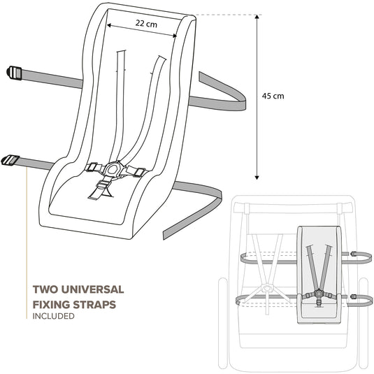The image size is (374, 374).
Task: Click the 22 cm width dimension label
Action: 146,24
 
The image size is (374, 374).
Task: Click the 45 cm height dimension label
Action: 273,96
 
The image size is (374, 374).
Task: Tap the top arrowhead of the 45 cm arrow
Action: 257,17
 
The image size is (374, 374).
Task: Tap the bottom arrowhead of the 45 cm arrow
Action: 257,178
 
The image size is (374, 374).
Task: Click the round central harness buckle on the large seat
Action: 111,168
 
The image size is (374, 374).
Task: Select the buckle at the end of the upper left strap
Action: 14,73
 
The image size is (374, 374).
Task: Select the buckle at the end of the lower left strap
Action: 10,160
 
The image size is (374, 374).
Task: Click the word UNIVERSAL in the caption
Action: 92,289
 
